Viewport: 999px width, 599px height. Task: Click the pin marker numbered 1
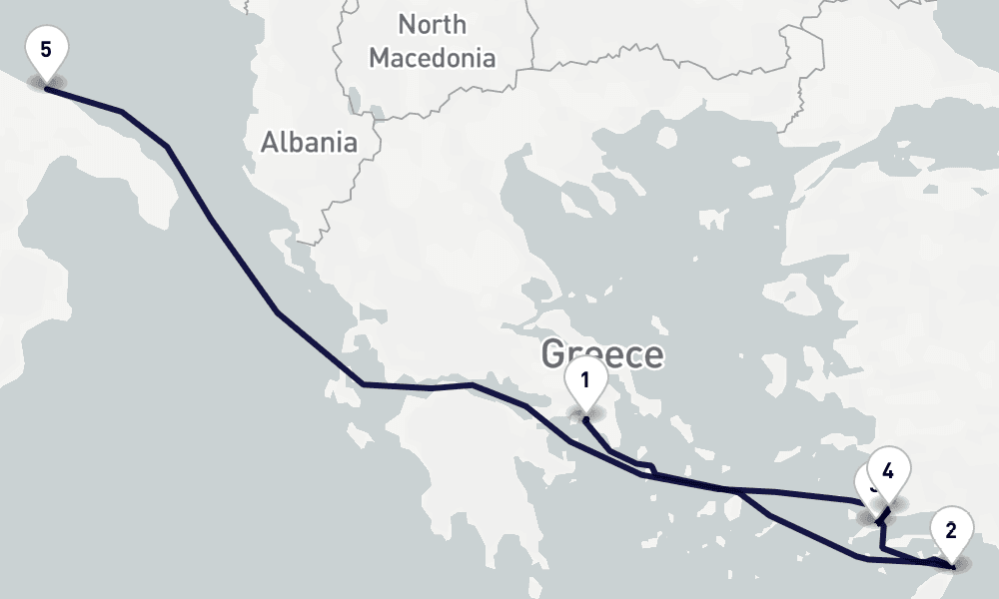(585, 381)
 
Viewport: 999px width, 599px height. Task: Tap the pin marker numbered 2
(951, 531)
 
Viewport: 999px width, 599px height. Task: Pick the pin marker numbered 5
(46, 51)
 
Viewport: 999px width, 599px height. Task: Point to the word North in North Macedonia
(432, 24)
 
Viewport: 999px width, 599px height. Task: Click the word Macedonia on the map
(432, 58)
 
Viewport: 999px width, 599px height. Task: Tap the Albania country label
(309, 143)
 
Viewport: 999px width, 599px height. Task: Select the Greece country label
(602, 354)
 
